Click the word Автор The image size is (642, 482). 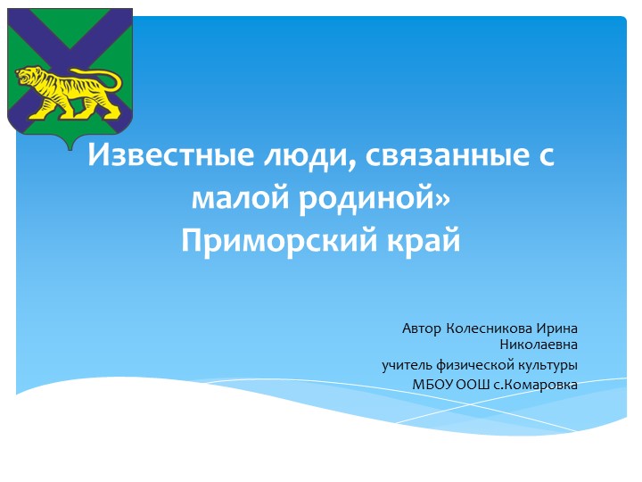coord(421,328)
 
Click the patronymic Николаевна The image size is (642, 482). coord(539,345)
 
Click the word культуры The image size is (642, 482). coord(548,365)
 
